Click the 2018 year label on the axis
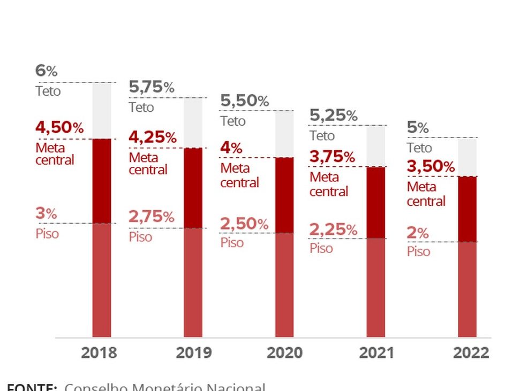click(x=99, y=353)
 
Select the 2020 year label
click(x=284, y=353)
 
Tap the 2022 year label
click(x=471, y=353)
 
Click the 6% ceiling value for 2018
click(x=46, y=71)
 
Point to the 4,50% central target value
click(x=59, y=128)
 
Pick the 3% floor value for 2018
click(x=46, y=214)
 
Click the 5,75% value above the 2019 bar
click(x=152, y=87)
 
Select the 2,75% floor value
click(x=152, y=217)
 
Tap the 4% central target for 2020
click(x=231, y=148)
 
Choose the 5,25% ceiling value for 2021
click(x=334, y=115)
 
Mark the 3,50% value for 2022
click(x=431, y=167)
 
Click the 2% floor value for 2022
click(x=418, y=233)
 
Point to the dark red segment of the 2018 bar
click(x=102, y=181)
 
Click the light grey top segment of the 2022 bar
click(x=467, y=157)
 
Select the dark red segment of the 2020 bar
click(x=284, y=195)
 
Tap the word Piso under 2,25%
click(x=321, y=248)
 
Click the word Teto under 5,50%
click(x=233, y=121)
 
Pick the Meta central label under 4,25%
click(x=148, y=164)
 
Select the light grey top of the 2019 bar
click(x=193, y=122)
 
